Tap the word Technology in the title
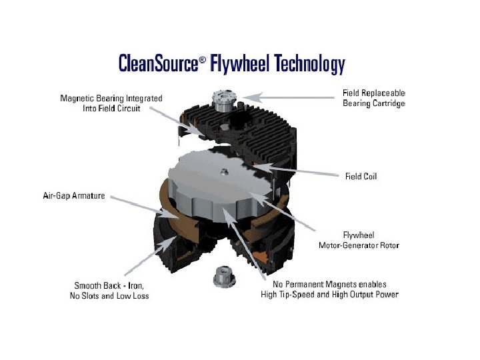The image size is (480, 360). click(309, 64)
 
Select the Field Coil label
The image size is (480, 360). click(362, 177)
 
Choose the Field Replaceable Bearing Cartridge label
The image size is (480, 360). click(374, 98)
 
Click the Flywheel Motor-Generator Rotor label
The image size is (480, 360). click(359, 241)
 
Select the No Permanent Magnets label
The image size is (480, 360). click(329, 285)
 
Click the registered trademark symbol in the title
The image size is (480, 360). click(203, 59)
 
